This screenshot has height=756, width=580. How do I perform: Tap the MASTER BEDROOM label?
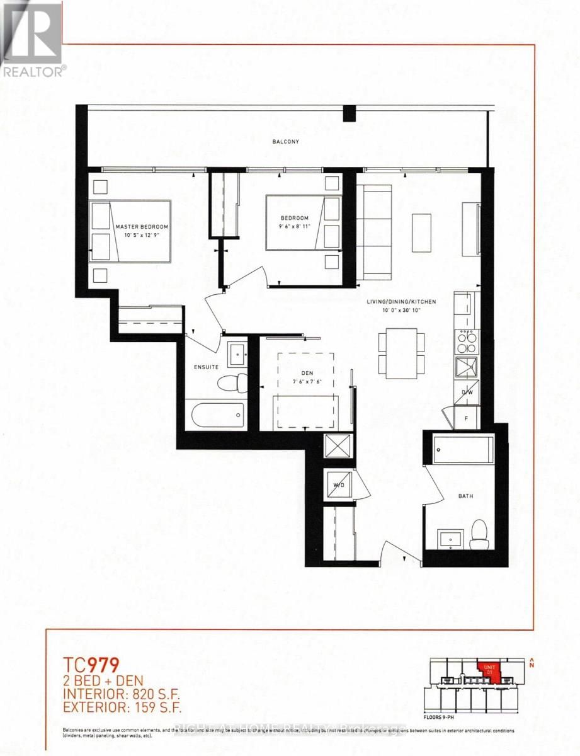pyautogui.click(x=142, y=226)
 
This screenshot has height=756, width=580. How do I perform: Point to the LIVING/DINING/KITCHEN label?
pyautogui.click(x=399, y=301)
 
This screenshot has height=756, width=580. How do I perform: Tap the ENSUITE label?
pyautogui.click(x=206, y=366)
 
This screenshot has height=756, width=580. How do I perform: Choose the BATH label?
pyautogui.click(x=465, y=496)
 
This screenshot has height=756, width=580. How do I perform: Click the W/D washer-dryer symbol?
pyautogui.click(x=339, y=484)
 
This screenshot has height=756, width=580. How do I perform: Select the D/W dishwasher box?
pyautogui.click(x=467, y=392)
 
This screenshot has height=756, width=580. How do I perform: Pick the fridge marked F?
pyautogui.click(x=467, y=416)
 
